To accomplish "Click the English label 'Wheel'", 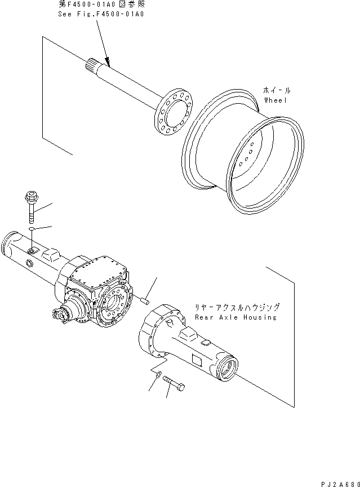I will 275,100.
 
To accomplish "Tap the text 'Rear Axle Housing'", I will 235,317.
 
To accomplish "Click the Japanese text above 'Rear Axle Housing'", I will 237,308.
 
